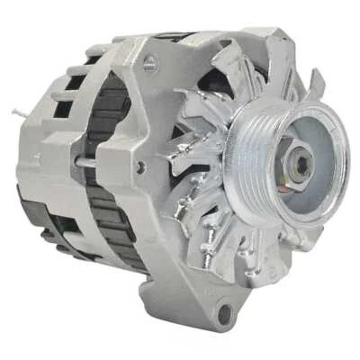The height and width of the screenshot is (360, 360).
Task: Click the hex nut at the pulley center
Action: [x=303, y=164]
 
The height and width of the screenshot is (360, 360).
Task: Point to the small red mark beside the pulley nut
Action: [x=312, y=179]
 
